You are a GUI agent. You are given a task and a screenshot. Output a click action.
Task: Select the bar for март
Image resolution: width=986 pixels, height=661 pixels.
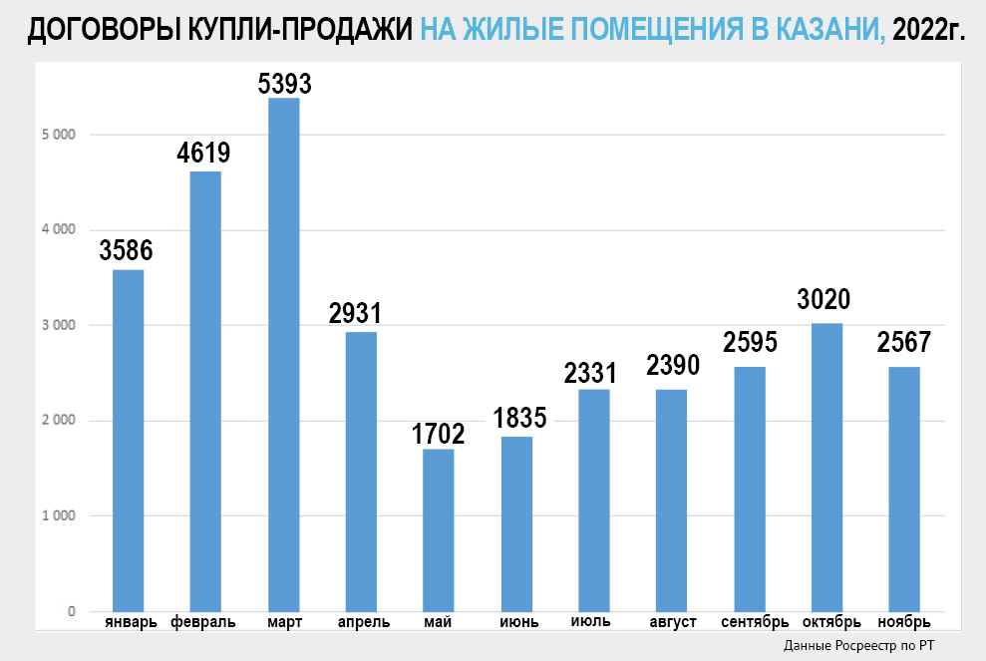tap(283, 354)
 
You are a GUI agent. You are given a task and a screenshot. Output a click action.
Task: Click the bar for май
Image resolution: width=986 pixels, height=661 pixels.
tap(439, 529)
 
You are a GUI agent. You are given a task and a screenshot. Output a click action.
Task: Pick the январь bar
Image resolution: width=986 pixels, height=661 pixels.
tap(128, 440)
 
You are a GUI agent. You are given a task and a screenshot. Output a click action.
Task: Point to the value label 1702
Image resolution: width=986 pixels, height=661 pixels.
tap(439, 435)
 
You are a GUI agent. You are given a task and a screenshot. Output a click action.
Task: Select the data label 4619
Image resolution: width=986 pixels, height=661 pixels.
tap(204, 155)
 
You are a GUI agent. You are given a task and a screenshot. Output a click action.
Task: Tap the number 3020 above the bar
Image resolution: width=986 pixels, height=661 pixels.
tap(824, 300)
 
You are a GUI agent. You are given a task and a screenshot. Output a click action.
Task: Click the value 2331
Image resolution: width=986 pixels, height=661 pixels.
tap(592, 374)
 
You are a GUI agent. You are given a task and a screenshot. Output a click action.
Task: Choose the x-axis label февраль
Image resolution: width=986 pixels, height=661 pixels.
tap(203, 623)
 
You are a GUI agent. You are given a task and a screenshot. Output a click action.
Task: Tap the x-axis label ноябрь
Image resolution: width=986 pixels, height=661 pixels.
tap(904, 623)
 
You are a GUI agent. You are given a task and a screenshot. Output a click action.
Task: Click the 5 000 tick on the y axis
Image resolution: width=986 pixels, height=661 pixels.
tap(59, 135)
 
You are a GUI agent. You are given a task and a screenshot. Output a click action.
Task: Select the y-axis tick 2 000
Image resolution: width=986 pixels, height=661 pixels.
tap(59, 421)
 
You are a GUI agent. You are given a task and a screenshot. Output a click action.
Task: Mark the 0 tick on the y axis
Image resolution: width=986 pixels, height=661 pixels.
tap(72, 611)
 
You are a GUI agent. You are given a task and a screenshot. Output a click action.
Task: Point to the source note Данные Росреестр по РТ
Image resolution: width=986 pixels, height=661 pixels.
tap(858, 646)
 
